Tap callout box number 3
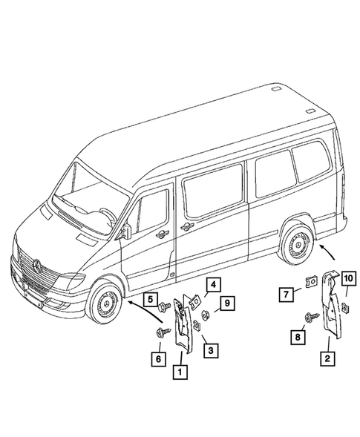pyautogui.click(x=212, y=349)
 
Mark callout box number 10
pyautogui.click(x=349, y=279)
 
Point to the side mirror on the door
pyautogui.click(x=128, y=230)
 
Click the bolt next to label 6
pyautogui.click(x=160, y=332)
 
